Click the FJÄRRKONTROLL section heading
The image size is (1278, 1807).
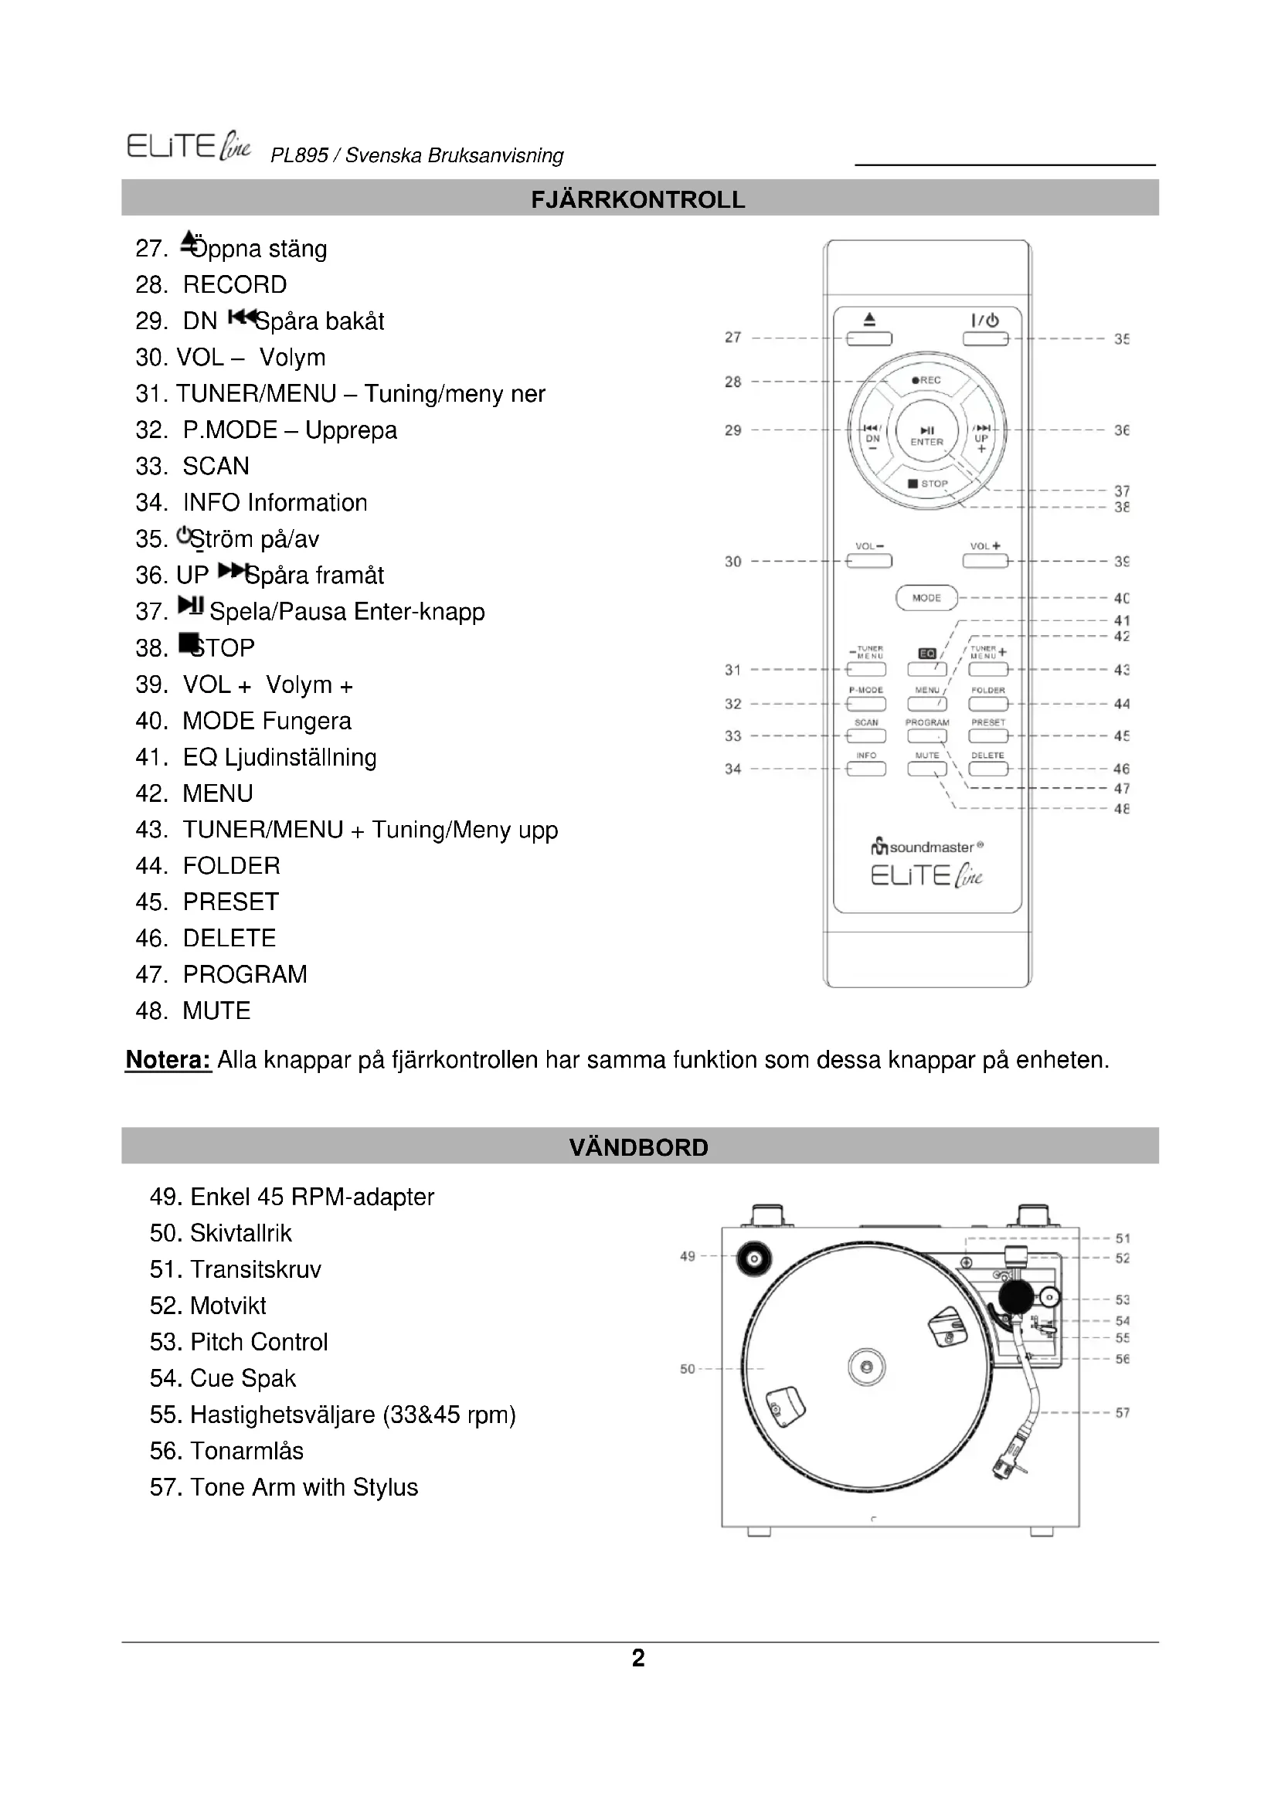pos(638,199)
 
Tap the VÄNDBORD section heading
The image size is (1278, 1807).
pos(638,1146)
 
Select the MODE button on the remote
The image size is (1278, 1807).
pos(926,598)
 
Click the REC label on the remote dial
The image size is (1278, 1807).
pos(927,380)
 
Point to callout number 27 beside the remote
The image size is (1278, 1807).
pos(732,338)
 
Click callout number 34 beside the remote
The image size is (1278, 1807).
pos(732,769)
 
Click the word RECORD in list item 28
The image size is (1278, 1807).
pos(235,285)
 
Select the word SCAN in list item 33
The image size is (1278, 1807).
pos(216,466)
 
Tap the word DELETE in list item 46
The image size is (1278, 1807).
pos(229,938)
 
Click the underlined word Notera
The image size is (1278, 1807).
pos(168,1060)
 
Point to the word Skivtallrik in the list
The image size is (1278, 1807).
pos(241,1233)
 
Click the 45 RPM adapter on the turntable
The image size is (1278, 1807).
pos(753,1259)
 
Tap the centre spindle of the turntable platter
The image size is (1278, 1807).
pos(866,1367)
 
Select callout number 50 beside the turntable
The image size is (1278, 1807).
pos(687,1369)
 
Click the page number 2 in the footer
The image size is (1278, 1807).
pos(638,1657)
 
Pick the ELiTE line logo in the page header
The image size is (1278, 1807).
pos(189,148)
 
